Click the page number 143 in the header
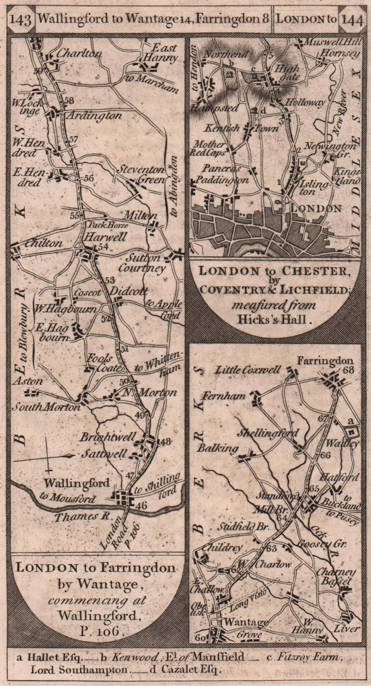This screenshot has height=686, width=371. click(x=21, y=20)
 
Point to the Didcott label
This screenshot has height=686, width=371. click(x=126, y=290)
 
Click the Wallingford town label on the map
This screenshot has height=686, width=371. click(x=77, y=483)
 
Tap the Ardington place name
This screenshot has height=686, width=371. click(x=94, y=115)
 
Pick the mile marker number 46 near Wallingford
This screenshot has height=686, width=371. click(x=141, y=505)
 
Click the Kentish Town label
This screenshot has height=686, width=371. click(x=242, y=128)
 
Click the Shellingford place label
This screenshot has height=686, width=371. click(x=268, y=433)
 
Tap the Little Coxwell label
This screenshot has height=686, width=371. click(x=248, y=370)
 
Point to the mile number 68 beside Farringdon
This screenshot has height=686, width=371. click(x=348, y=370)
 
